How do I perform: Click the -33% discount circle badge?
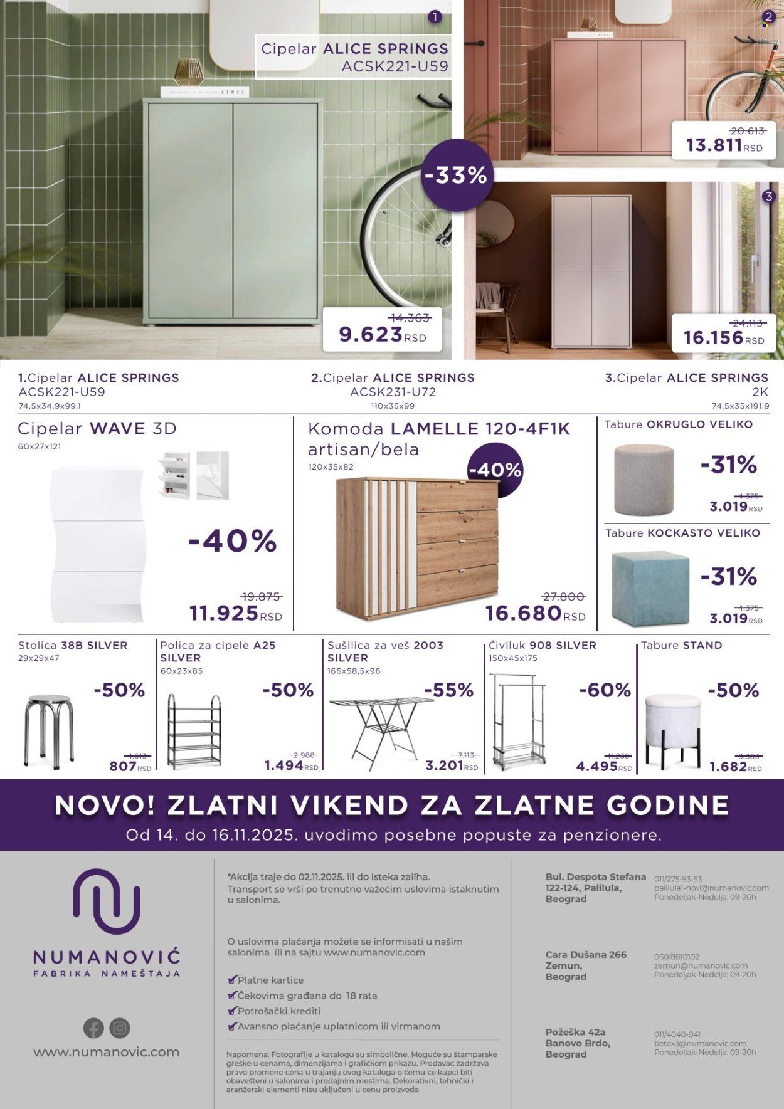[456, 176]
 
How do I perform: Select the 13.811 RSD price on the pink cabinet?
[714, 145]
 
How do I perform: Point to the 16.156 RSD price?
[714, 338]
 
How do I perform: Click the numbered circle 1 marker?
[434, 17]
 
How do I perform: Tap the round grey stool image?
[644, 480]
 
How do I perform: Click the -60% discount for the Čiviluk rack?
[605, 690]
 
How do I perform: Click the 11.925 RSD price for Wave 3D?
[224, 612]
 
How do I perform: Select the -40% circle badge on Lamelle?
[495, 470]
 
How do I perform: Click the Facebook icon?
[93, 1028]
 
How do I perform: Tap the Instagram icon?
[120, 1028]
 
